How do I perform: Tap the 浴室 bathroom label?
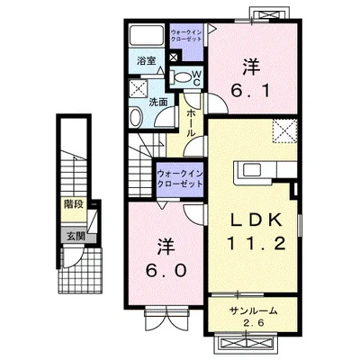146,60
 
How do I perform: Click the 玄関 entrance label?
75,237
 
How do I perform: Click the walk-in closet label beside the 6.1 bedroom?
187,38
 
